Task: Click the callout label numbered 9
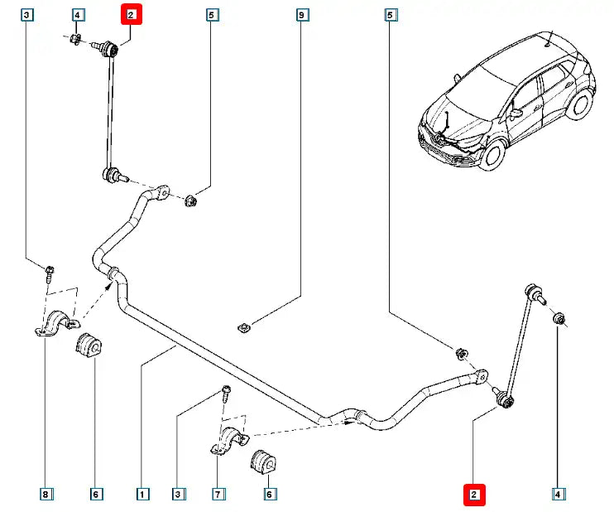coord(301,15)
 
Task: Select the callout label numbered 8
coord(46,495)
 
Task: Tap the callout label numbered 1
coord(142,495)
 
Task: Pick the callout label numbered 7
coord(218,495)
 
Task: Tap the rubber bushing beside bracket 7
coord(263,459)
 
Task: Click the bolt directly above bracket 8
coord(50,270)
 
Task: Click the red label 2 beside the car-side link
coord(474,495)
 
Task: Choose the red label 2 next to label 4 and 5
coord(132,14)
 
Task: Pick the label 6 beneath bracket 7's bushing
coord(268,495)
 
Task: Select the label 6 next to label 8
coord(95,495)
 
